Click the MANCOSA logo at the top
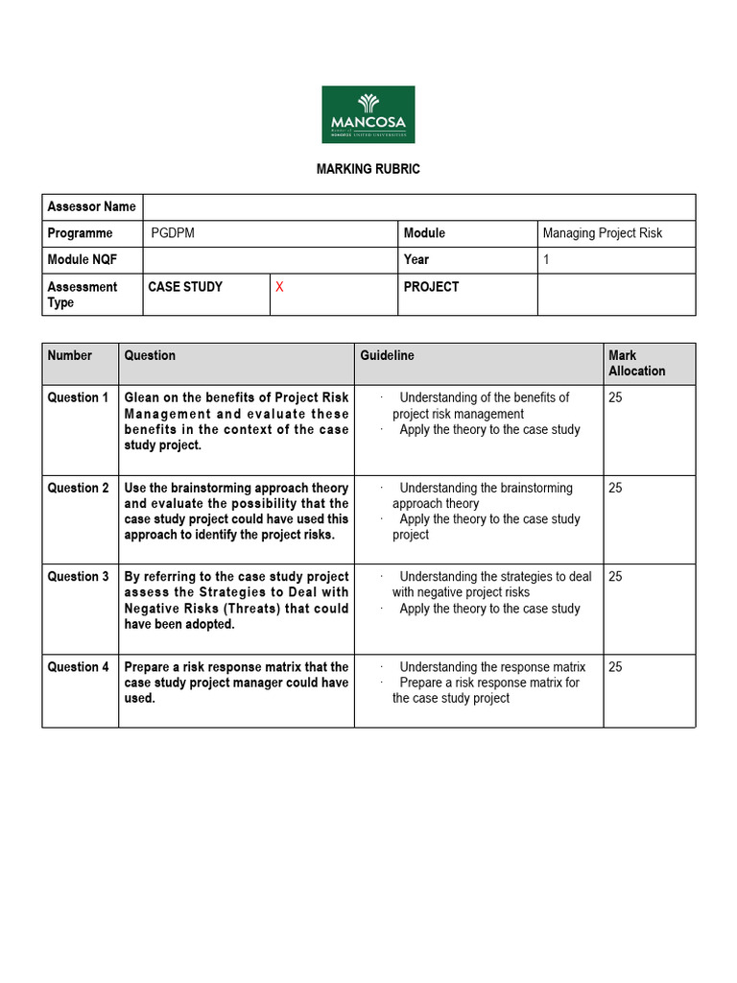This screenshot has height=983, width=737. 368,114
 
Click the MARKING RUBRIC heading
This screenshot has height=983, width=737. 368,169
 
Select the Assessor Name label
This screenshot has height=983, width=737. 91,206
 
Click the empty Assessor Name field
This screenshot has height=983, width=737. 419,206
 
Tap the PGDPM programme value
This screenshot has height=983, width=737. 173,233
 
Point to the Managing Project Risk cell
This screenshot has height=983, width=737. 602,233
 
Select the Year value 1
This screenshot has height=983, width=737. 546,259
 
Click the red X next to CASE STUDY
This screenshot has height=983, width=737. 279,287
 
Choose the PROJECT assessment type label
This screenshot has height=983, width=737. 431,287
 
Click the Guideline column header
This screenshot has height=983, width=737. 387,355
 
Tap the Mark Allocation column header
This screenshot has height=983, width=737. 636,363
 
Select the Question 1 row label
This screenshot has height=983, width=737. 79,397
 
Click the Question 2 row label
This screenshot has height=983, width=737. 79,488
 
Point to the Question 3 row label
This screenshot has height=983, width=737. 79,577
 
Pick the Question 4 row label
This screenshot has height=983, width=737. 79,667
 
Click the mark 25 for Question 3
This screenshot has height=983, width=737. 615,577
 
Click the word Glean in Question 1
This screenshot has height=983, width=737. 143,397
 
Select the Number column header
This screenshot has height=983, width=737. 70,355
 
